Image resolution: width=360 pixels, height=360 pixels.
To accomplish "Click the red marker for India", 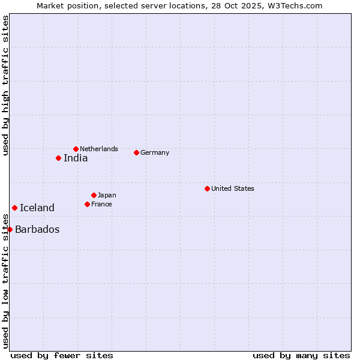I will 58,158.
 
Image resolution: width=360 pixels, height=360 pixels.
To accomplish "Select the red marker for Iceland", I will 14,208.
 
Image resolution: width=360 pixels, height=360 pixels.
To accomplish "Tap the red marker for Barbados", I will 10,229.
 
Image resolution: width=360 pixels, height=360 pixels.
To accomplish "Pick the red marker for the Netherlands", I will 76,149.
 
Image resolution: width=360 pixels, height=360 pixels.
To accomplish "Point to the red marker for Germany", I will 136,152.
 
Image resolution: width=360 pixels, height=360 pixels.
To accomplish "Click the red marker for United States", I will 207,188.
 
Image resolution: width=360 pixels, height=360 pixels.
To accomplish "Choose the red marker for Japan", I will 94,195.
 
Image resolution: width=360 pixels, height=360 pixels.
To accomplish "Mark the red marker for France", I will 87,204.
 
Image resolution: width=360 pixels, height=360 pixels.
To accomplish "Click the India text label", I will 76,158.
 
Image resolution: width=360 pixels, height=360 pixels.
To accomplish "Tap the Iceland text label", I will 37,208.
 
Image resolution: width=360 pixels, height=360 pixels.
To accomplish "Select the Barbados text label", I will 37,230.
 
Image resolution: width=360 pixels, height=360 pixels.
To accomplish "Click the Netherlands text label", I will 99,149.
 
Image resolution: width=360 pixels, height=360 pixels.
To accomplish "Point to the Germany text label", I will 155,152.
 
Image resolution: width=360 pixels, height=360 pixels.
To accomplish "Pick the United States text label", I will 233,188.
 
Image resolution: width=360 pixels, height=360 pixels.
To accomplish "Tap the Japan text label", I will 107,195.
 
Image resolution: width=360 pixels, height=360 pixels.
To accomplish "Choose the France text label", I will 101,204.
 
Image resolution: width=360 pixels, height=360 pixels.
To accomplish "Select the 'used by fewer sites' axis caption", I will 62,355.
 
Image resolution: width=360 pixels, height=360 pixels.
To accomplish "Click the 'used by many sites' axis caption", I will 301,355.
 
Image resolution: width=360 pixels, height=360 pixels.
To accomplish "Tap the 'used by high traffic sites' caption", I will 5,85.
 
